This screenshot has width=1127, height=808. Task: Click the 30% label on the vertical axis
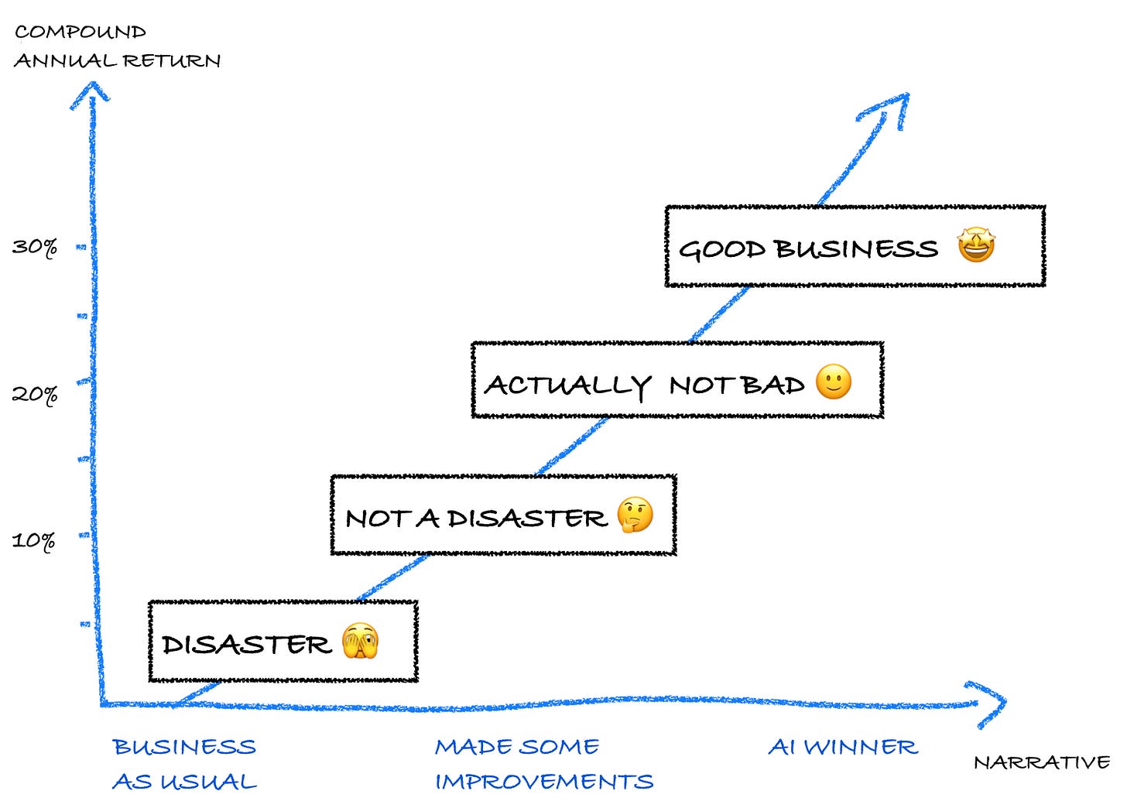35,247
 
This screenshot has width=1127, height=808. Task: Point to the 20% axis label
35,394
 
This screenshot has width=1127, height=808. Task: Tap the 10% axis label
34,540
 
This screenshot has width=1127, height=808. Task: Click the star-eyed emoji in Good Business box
975,246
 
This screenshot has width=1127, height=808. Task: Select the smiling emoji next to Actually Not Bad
834,382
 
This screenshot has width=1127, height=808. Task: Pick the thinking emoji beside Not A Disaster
635,515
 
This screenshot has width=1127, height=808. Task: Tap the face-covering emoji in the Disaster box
360,641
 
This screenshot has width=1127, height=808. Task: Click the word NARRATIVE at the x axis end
1041,762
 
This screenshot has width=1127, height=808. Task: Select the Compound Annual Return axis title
117,46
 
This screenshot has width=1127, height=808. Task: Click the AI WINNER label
842,747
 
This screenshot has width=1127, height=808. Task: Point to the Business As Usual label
184,764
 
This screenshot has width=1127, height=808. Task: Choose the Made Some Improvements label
543,764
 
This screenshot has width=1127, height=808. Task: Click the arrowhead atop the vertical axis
91,93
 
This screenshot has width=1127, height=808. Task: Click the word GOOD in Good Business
721,249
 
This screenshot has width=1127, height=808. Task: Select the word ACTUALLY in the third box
567,385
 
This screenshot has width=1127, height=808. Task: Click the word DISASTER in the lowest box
246,644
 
